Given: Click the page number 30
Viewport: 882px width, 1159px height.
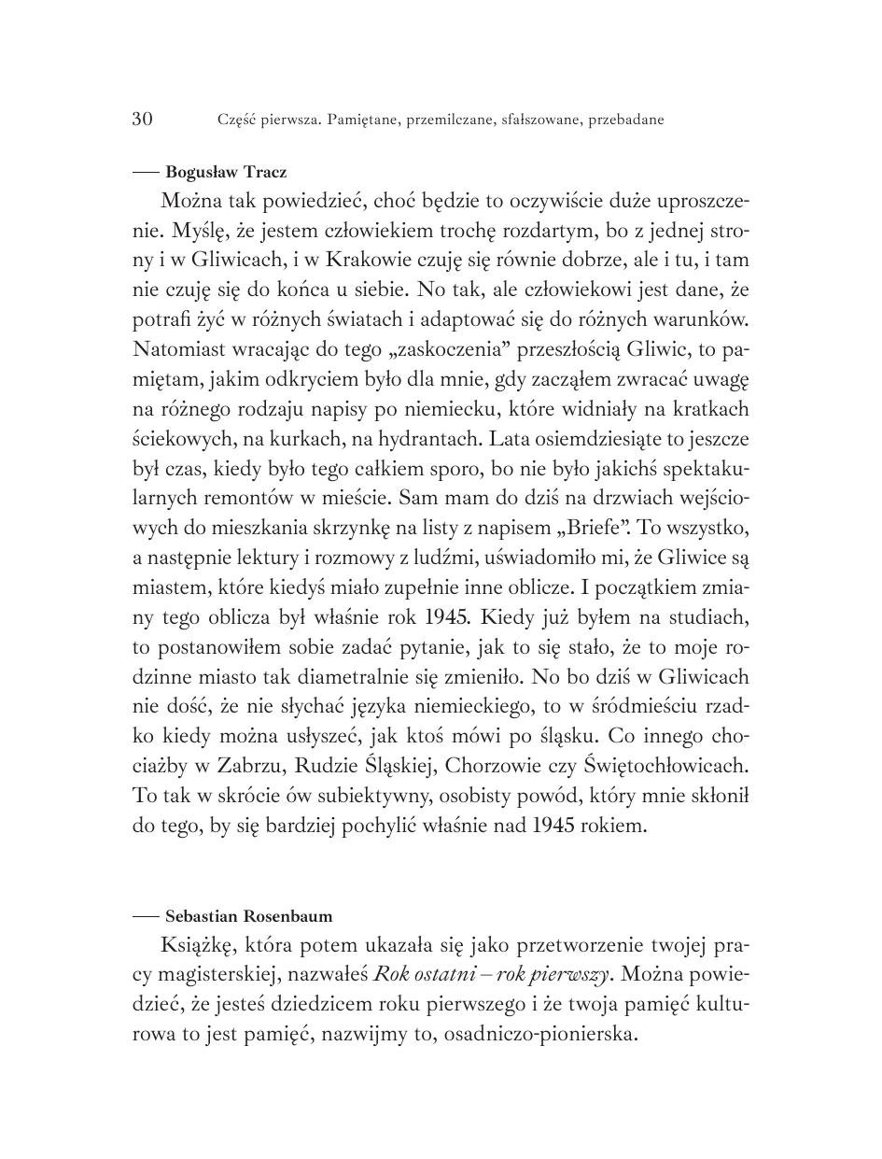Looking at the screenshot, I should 142,119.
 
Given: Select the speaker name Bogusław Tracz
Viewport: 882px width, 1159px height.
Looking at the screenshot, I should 226,172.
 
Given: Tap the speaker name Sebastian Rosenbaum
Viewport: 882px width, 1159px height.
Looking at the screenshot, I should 248,916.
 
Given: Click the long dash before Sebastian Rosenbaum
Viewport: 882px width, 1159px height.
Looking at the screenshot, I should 147,916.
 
